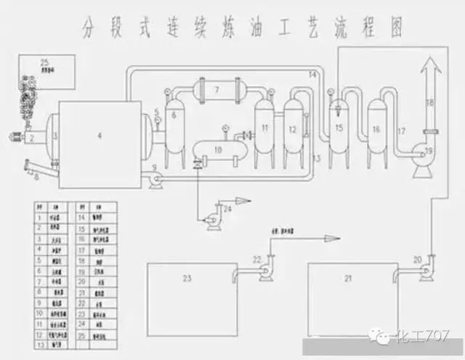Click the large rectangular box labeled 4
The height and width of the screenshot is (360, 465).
point(100,136)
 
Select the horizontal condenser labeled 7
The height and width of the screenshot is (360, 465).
point(216,92)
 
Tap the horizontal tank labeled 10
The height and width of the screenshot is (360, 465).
point(218,149)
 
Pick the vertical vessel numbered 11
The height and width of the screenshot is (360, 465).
point(265,129)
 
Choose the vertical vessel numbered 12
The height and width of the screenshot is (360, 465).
point(293,129)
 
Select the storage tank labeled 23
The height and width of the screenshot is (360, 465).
point(187,291)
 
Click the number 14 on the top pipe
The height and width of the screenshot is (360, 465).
point(313,75)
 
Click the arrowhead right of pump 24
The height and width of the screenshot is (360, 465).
point(250,200)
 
